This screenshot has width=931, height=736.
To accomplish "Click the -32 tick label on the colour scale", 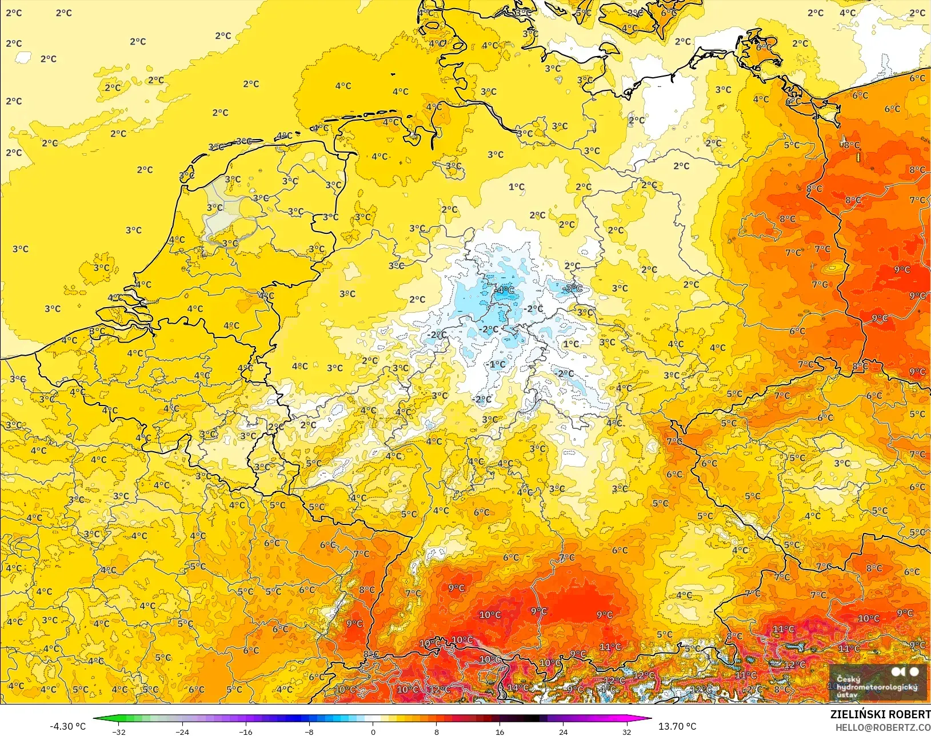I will point(118,732).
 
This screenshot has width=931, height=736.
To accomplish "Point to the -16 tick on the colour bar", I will point(245,732).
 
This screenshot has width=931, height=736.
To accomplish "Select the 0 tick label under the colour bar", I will point(373,732).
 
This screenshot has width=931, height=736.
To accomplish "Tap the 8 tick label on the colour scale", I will point(437,732).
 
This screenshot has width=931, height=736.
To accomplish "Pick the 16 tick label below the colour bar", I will point(500,732).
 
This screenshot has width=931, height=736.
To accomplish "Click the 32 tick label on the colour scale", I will point(627,732).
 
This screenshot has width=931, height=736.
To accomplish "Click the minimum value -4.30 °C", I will point(67,726).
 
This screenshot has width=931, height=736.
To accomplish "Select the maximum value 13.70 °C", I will point(677,726).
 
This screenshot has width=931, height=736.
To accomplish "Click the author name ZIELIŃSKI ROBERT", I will point(880,714).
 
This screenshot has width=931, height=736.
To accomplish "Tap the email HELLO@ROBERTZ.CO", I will point(883,727).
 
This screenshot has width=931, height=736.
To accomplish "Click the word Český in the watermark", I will point(848,679).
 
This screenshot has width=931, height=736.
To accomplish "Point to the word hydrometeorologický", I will point(877,687).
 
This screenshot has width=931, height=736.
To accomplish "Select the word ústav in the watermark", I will point(847,695).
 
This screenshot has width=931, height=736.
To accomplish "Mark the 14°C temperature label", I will point(518,687).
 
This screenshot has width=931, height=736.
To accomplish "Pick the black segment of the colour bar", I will point(532,718).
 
